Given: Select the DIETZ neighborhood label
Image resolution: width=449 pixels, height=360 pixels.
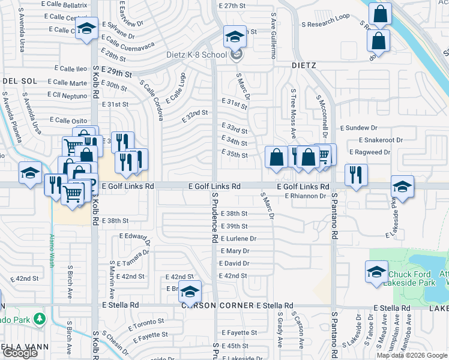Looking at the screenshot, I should point(304,65).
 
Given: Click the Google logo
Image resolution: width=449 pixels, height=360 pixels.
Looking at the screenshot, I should point(19,353).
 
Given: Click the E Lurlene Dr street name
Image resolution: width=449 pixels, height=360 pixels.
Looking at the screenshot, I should point(238,238).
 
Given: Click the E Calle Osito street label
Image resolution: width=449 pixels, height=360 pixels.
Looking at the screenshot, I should point(68,119).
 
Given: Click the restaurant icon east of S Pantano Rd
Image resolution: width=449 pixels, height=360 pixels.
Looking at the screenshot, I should point(355,175).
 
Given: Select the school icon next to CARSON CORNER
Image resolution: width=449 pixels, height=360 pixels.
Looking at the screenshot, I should point(190,292).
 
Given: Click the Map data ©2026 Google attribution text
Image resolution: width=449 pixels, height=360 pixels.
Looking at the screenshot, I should point(412,355).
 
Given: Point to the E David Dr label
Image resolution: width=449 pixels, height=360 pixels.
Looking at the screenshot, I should point(234,263).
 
